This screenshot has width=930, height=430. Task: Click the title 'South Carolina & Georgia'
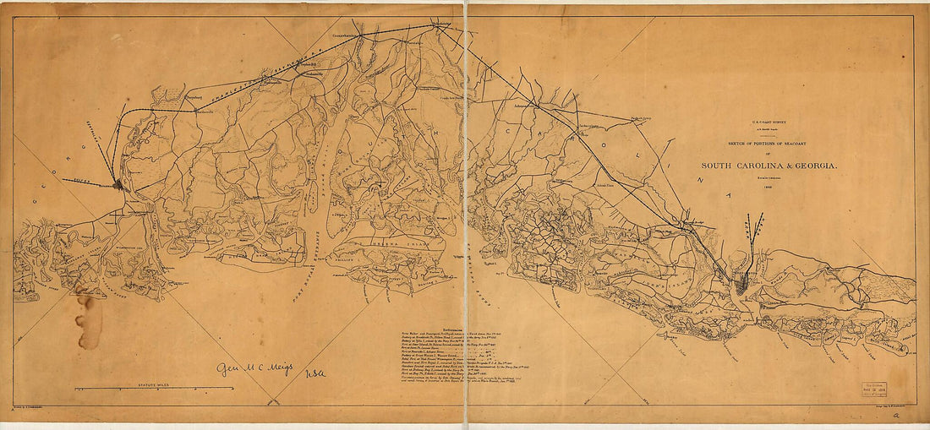[769, 166]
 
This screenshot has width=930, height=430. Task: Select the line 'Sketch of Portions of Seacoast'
[769, 144]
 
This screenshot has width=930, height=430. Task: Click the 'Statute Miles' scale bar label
[155, 384]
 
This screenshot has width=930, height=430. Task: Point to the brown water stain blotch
[87, 319]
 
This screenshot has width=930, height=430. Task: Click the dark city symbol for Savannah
[118, 183]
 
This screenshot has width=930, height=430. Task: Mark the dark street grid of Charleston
[741, 283]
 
